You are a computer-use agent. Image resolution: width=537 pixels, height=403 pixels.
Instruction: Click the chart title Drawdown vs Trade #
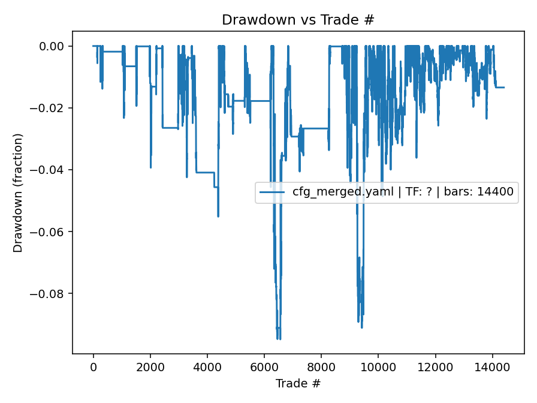pos(298,20)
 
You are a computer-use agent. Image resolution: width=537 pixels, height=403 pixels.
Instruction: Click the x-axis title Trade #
pos(298,383)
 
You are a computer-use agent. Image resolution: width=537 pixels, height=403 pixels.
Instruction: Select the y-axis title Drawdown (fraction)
pos(18,193)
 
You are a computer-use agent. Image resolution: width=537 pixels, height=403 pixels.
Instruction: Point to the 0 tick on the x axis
pos(93,366)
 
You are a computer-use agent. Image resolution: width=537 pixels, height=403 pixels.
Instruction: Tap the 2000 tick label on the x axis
pos(150,366)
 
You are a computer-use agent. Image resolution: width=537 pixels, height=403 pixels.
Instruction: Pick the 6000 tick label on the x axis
pos(264,366)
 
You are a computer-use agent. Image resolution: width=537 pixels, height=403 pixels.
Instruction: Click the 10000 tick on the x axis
pos(378,366)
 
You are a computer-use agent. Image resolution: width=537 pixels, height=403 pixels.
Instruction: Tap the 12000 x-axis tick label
pos(435,366)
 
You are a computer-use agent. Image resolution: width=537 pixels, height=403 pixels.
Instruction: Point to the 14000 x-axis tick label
pos(492,366)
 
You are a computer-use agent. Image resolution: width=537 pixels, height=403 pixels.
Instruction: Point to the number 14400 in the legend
pos(494,193)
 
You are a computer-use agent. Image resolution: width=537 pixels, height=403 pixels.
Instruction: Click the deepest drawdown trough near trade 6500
pos(278,339)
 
